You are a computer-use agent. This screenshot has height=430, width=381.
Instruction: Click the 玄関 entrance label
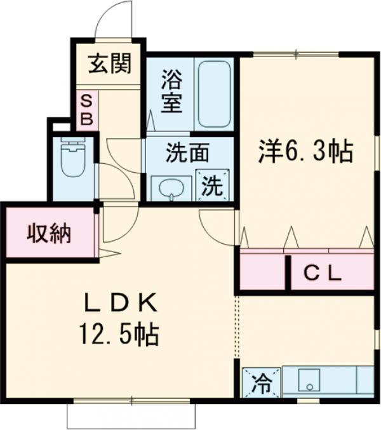[110, 64]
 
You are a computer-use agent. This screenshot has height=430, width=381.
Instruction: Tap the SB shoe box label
[88, 109]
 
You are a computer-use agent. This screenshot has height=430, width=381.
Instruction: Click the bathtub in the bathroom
[215, 95]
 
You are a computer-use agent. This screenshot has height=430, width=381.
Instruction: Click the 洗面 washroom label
[188, 153]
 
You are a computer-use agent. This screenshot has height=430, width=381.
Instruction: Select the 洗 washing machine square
[211, 186]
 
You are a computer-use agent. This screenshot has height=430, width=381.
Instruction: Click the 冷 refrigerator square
[260, 383]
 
